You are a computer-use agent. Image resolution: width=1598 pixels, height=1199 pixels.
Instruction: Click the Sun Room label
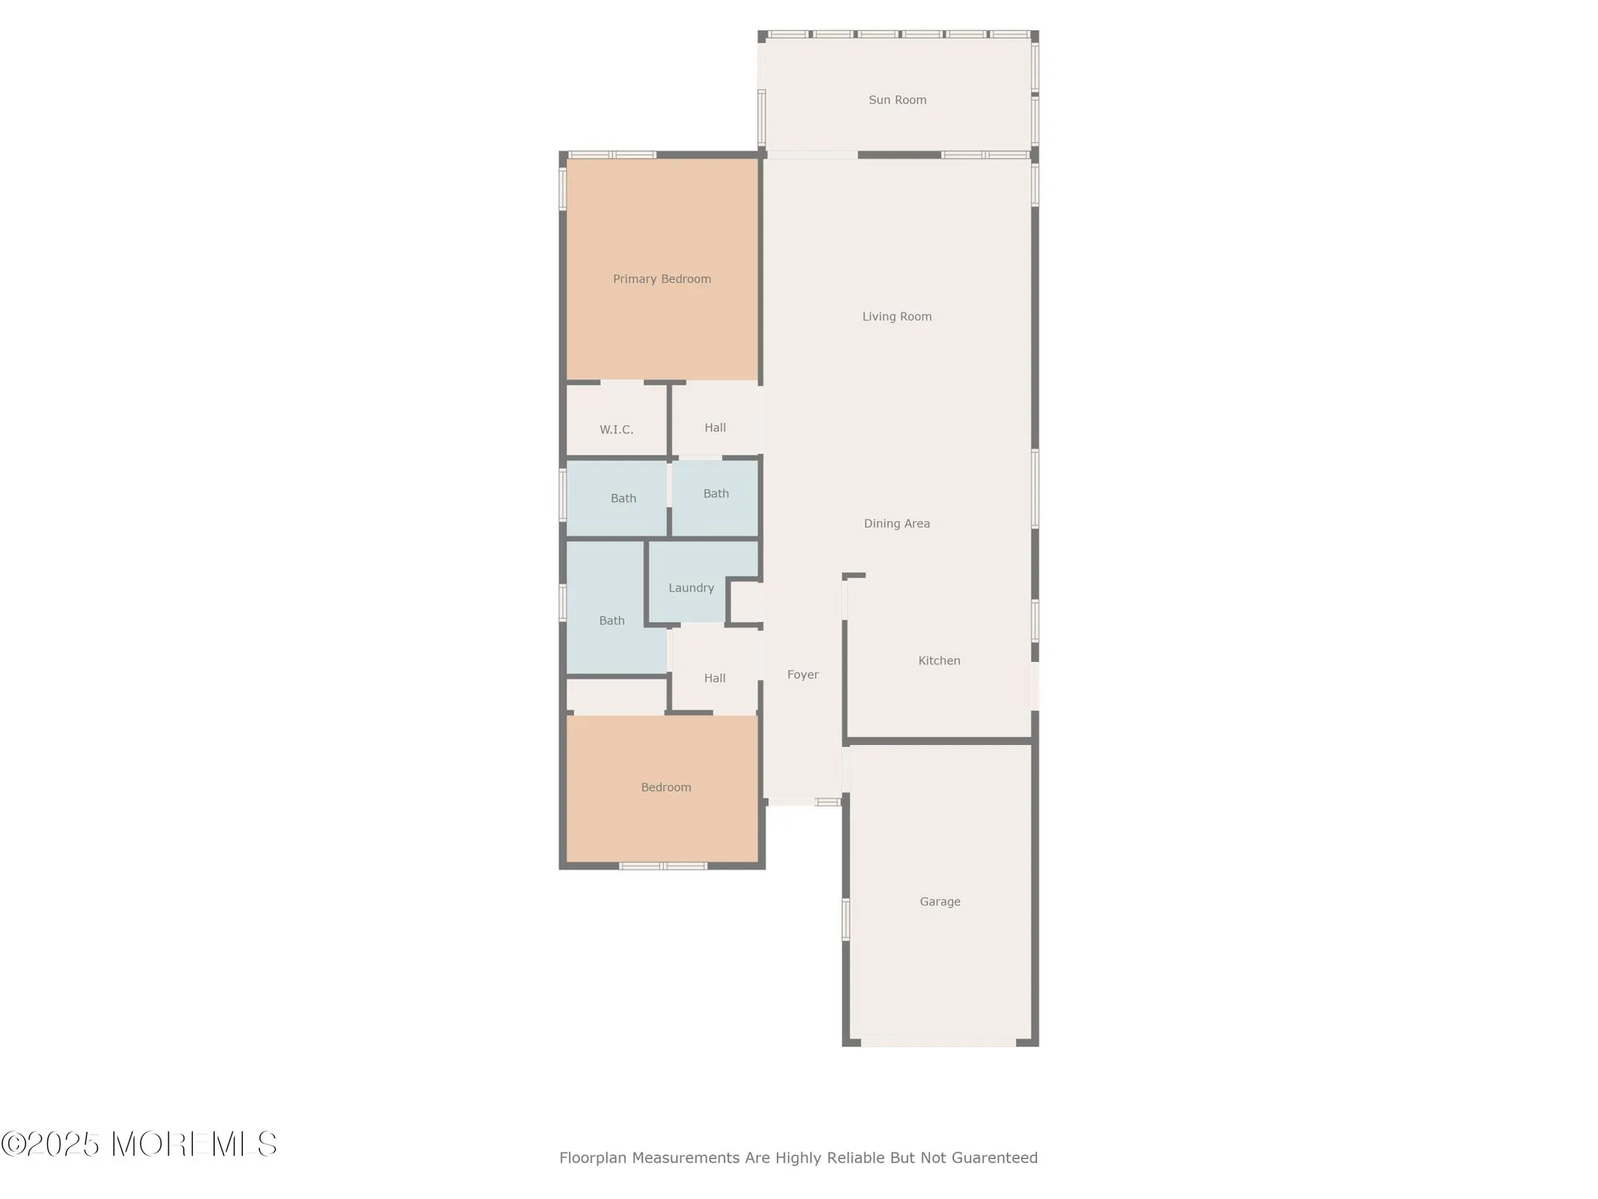coord(897,100)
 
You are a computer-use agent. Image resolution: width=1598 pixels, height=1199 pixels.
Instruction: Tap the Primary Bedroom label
coord(662,279)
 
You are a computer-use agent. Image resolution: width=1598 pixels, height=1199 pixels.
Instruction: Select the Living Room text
coord(896,317)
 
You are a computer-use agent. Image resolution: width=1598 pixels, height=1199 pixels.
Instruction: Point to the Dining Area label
coord(896,524)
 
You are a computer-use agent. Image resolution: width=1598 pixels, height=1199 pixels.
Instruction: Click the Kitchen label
coord(939,660)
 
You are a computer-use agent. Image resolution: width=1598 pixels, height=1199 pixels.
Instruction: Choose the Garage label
coord(940,902)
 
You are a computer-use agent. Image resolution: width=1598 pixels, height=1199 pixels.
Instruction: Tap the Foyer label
coord(802,675)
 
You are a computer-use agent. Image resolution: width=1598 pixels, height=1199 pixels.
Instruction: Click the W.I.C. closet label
coord(616,430)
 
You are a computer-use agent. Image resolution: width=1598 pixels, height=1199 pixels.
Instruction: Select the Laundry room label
coord(691,588)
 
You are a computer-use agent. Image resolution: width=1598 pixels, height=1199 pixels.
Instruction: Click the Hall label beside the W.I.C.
coord(715,428)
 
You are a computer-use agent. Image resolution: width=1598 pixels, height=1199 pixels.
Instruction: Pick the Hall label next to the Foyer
coord(714,678)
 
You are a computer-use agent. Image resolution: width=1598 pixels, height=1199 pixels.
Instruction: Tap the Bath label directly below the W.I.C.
coord(623,498)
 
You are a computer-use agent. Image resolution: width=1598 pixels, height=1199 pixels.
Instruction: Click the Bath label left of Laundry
coord(611,620)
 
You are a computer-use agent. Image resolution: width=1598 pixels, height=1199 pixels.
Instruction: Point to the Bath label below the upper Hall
coord(716,493)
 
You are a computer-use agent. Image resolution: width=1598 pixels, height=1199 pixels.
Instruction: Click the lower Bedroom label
coord(666,787)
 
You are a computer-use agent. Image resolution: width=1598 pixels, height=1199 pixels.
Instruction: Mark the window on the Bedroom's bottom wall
coord(663,866)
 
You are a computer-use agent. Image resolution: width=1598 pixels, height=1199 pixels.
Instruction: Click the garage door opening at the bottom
coord(938,1042)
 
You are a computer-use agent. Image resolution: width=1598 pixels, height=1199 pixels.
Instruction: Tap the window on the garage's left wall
coord(845,919)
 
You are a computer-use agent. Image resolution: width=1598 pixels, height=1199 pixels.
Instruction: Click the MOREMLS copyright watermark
coord(139,1145)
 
